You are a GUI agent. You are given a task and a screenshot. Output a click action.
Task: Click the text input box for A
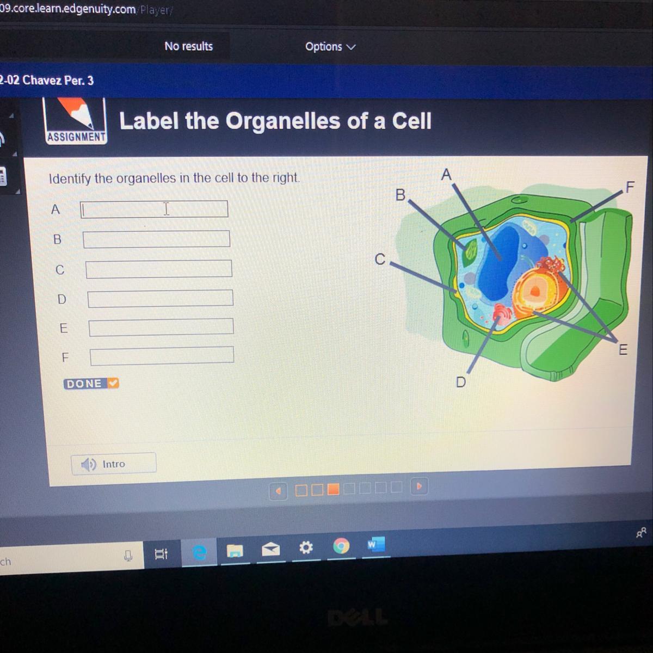pos(154,209)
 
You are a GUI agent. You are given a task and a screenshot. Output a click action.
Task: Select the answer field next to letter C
pos(159,269)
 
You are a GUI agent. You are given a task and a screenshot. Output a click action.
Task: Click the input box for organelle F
pos(162,355)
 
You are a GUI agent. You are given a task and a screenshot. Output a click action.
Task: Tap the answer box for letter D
pos(161,298)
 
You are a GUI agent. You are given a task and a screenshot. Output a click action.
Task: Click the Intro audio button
pos(114,464)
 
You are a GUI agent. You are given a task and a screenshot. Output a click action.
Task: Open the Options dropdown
pos(330,46)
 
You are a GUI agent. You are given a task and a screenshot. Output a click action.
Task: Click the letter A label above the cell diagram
pos(446,175)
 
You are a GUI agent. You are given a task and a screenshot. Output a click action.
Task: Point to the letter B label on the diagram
pos(401,195)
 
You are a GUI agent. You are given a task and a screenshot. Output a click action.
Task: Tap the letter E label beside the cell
pos(623,349)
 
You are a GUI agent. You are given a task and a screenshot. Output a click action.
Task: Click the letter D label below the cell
pos(461,382)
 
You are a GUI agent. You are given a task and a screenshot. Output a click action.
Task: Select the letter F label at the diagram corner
pos(630,187)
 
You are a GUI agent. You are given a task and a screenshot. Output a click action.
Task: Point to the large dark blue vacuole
pos(497,263)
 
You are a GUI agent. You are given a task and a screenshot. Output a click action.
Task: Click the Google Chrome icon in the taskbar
pos(341,546)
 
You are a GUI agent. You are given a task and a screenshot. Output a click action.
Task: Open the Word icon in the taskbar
pos(375,544)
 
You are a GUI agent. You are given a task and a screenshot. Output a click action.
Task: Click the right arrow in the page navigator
pos(419,486)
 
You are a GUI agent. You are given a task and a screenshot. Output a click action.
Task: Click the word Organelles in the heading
pos(282,121)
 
